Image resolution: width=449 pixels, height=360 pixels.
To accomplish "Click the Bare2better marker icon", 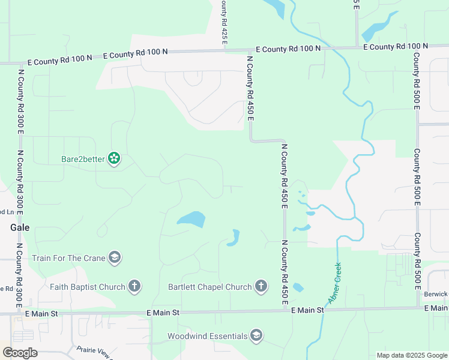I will pos(114,159).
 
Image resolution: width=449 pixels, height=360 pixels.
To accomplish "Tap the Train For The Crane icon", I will pos(114,258).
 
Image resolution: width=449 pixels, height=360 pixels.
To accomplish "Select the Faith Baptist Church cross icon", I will pos(134,287).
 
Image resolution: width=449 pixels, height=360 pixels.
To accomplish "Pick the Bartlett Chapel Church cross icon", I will pos(261,287).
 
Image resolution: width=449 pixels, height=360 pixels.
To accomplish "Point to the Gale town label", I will pos(20,228).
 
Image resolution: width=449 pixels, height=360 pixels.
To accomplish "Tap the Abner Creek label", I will pos(334,283).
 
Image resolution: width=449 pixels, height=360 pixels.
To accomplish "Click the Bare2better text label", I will pos(83,159).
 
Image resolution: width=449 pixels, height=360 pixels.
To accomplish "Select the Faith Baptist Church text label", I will pos(88,287).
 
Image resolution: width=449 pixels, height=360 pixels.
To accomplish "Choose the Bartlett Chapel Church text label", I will pos(210,287).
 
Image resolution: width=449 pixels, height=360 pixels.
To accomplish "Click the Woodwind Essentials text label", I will pos(207,336).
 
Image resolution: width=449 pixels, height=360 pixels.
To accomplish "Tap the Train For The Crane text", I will pos(68,259).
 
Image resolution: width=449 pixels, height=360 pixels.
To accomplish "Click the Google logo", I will pos(19,353).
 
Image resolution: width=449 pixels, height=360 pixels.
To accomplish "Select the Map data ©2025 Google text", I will pos(411,355).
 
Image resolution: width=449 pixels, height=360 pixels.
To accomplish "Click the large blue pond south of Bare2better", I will pos(191,220).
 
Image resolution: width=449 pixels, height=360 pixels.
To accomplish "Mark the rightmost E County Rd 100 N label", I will pos(396,46).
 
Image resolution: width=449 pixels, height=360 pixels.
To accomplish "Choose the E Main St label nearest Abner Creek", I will pos(307,310).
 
